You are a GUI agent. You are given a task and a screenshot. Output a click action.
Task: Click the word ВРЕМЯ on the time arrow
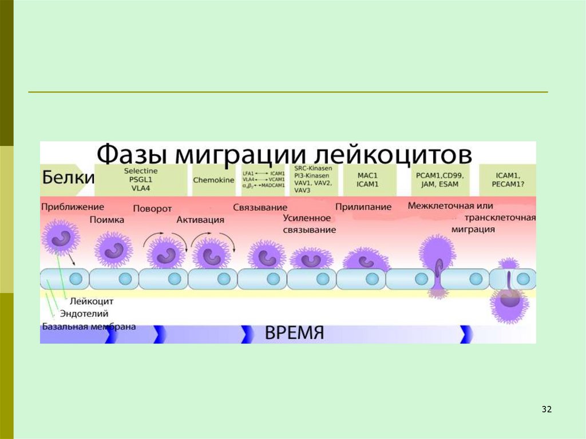coord(295,333)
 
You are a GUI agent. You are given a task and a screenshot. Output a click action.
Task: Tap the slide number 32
coord(546,409)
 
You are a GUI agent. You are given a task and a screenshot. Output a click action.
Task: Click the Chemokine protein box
coord(213,180)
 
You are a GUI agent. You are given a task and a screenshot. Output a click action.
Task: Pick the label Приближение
coord(72,206)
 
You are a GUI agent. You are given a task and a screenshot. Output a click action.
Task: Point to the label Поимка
coord(106,219)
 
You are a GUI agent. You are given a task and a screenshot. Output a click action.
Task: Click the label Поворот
coord(152,208)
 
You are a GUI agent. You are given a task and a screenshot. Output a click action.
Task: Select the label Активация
coord(200,219)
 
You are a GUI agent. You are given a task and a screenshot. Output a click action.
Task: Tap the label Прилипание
coord(363,207)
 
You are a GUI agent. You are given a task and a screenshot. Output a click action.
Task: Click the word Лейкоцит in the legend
coord(92,300)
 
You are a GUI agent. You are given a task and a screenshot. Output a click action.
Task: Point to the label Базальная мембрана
coord(89,327)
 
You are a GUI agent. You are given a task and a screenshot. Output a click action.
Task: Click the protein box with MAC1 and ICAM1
coord(367,180)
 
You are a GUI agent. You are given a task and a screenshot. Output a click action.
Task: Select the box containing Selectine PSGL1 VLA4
coord(140,180)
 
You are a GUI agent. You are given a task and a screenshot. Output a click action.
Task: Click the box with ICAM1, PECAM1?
coord(507,180)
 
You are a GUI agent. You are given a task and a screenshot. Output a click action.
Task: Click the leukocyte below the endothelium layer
coord(507,303)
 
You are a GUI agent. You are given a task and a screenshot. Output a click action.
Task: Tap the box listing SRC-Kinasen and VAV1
coord(313,180)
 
